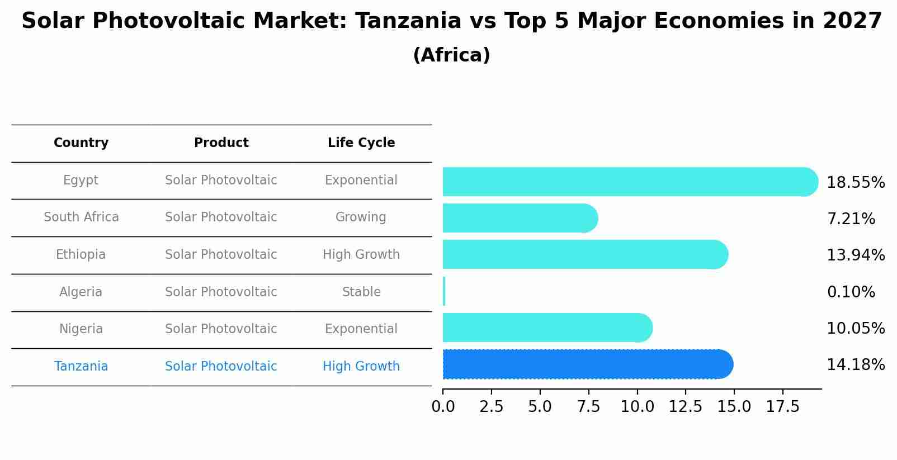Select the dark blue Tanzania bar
tap(587, 364)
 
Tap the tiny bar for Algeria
tap(444, 291)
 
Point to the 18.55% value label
tap(855, 183)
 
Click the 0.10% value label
tap(851, 292)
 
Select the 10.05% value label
tap(855, 329)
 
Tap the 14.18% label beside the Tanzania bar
tap(855, 365)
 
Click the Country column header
tap(81, 143)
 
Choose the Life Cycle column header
tap(361, 143)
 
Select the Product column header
tap(221, 143)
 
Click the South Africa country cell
tap(81, 217)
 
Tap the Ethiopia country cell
tap(81, 255)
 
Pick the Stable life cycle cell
tap(361, 292)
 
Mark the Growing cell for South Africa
tap(361, 217)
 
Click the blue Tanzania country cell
tap(81, 367)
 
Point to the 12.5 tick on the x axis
tap(686, 407)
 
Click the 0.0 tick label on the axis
tap(443, 407)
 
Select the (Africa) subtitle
tap(451, 55)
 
